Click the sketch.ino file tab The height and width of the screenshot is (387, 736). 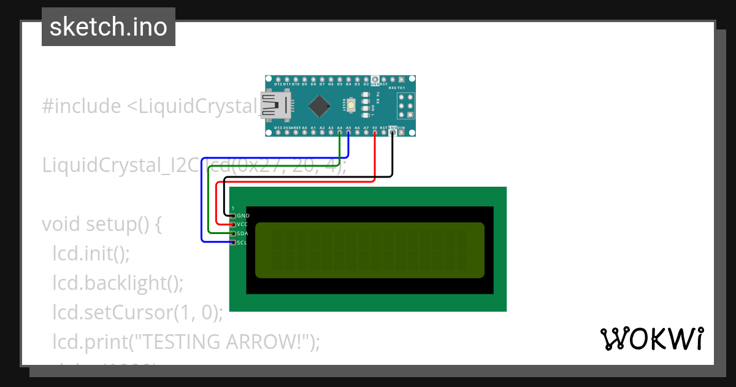pos(109,27)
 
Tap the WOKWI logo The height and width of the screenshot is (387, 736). pos(651,338)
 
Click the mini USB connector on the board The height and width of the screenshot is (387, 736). pos(272,105)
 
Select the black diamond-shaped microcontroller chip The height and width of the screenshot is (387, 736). pos(320,106)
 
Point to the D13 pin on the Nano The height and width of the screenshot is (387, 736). pos(278,133)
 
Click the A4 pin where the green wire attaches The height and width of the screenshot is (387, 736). pos(340,133)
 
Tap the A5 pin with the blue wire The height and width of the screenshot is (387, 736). pos(348,133)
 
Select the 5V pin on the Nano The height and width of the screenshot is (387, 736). pos(375,133)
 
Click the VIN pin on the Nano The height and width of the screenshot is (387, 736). pos(401,133)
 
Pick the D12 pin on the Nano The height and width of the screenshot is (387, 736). pos(278,79)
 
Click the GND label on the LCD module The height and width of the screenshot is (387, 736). pos(243,216)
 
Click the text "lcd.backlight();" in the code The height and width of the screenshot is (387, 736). pos(118,283)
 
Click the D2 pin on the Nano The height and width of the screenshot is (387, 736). pos(366,79)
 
